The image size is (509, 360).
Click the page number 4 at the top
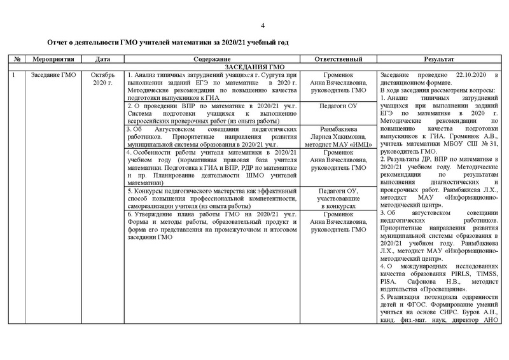[x=262, y=25]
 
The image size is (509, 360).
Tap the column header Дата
[x=102, y=59]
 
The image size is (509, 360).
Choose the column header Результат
[x=443, y=59]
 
